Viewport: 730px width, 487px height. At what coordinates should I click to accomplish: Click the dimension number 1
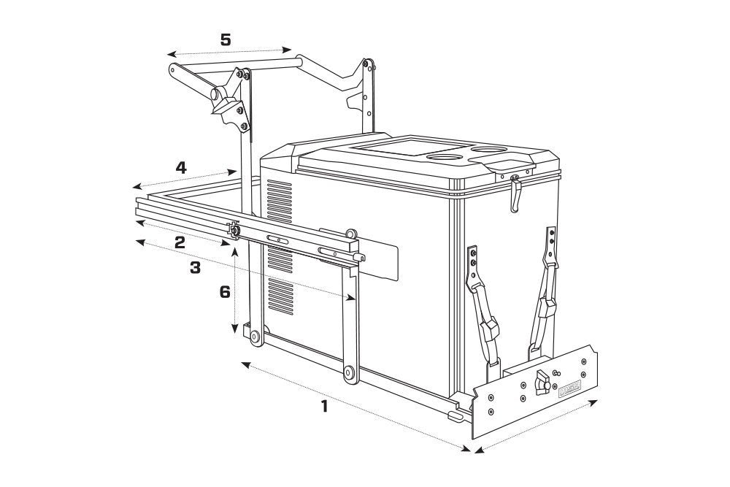(324, 407)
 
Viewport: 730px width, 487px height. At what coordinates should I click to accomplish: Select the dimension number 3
(195, 268)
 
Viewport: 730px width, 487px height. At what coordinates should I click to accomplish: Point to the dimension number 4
(180, 167)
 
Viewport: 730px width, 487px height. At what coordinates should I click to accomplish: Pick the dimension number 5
(226, 39)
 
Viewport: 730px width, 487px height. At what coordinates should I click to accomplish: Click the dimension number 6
(225, 292)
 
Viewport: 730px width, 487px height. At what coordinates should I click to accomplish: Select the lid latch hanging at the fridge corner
(515, 193)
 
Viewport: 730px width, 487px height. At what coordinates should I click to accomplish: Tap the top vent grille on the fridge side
(280, 196)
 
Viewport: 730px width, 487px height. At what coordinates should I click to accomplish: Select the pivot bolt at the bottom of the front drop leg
(350, 372)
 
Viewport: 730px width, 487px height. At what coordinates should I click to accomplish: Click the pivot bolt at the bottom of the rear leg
(255, 337)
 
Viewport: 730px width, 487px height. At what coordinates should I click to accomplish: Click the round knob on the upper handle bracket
(217, 96)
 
